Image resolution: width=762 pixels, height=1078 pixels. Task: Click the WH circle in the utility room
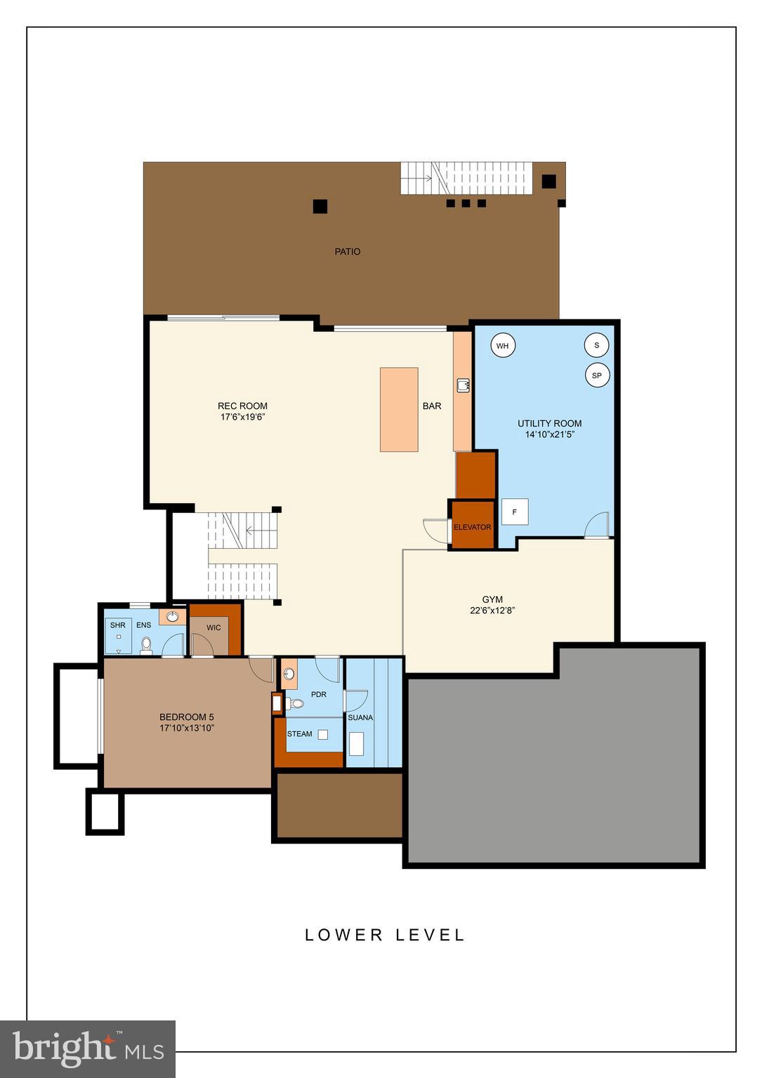tap(502, 346)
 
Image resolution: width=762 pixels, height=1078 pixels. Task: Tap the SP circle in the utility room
tap(597, 375)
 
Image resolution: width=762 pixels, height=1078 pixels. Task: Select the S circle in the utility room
tap(597, 345)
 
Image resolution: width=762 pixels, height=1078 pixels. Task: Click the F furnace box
tap(515, 512)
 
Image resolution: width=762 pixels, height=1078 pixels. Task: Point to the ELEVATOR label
tap(472, 527)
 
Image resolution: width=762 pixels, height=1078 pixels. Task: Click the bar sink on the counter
tap(463, 385)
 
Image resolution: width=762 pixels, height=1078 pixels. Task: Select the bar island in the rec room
tap(399, 410)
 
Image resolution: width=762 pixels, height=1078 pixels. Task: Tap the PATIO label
tap(347, 251)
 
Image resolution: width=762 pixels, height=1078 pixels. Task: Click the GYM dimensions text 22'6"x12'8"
tap(492, 611)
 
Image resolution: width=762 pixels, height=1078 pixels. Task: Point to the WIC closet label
tap(214, 627)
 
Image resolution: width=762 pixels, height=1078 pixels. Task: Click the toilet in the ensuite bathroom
tap(146, 644)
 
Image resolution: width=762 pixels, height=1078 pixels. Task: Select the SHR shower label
tap(117, 625)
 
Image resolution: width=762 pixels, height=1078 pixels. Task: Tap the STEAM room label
tap(299, 734)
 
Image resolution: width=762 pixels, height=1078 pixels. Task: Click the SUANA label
tap(360, 717)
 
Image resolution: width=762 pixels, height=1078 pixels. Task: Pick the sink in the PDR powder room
tap(289, 674)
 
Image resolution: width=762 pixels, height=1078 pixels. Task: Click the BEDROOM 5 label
tap(186, 717)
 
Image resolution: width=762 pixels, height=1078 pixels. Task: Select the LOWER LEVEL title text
tap(385, 935)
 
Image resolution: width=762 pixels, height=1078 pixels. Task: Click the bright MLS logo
tap(88, 1049)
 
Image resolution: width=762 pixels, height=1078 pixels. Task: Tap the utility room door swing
tap(597, 525)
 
